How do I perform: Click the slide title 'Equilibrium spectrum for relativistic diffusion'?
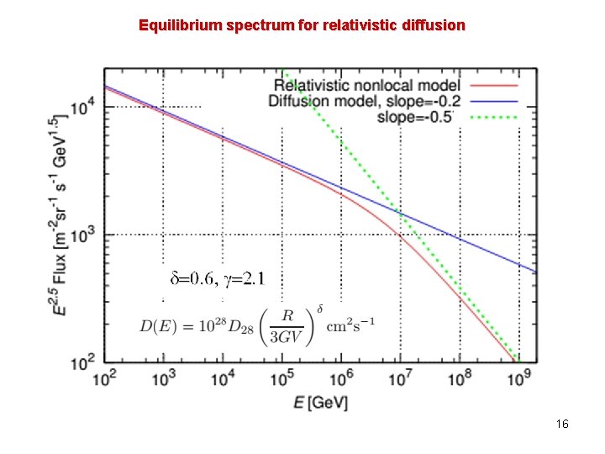[302, 25]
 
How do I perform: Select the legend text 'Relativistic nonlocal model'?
[367, 85]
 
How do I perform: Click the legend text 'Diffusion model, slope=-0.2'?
[364, 100]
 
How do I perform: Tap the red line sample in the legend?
[495, 86]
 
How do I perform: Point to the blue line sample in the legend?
[495, 101]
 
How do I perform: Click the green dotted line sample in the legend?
[495, 116]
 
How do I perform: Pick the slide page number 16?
[562, 425]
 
